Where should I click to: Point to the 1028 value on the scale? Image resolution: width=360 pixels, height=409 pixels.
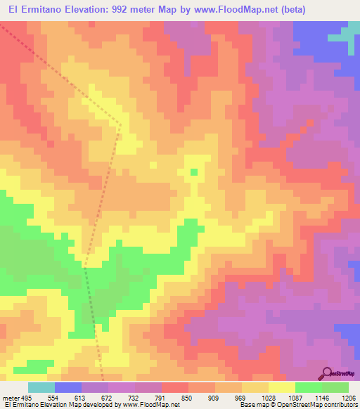(267, 398)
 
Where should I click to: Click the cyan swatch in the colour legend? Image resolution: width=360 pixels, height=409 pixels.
(41, 387)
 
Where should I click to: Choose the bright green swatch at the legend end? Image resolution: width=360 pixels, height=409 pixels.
(335, 387)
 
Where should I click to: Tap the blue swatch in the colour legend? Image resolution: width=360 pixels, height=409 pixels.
(68, 387)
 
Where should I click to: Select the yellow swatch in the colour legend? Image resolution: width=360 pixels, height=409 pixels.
(282, 387)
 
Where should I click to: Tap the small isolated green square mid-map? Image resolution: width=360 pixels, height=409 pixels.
(194, 171)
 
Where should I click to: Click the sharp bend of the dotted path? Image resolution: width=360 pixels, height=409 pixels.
(120, 126)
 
